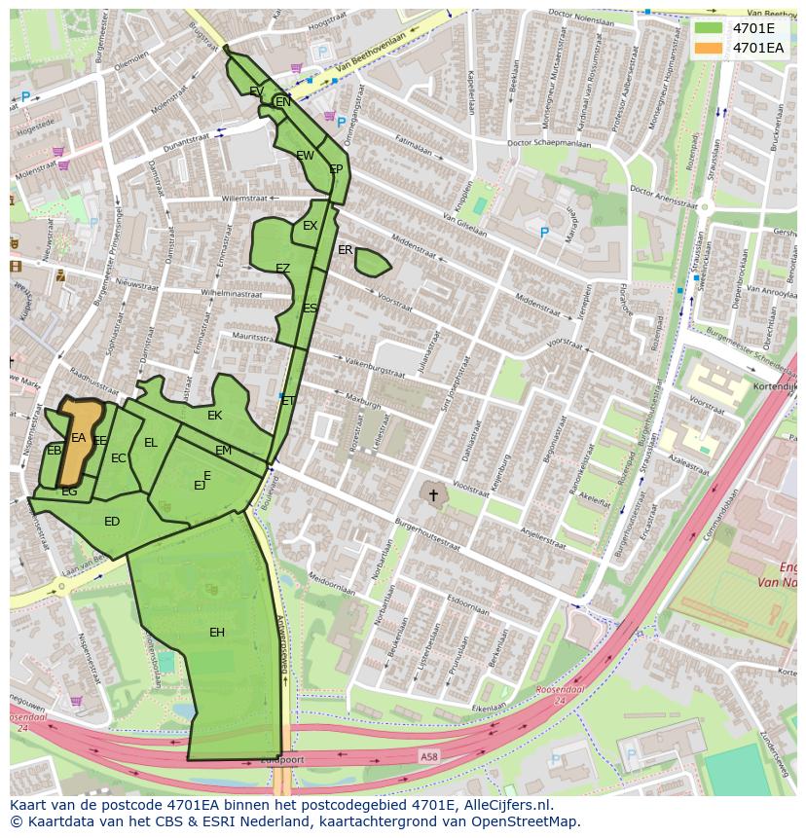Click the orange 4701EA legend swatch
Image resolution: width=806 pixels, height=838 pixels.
coord(709,47)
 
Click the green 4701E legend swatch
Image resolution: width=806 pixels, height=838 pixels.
coord(709,28)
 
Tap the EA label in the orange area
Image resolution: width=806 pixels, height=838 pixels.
coord(79,439)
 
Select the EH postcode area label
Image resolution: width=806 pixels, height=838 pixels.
coord(217,633)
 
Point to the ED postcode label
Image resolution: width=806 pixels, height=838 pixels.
coord(112,522)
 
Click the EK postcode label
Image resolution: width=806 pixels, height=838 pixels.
coord(215,416)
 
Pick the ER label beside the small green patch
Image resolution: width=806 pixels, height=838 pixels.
coord(345,250)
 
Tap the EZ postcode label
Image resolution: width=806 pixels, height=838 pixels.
coord(282,269)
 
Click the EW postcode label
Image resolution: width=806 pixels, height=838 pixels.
coord(305,156)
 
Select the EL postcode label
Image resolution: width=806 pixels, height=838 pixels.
coord(151,443)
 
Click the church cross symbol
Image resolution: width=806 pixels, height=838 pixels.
coord(433,495)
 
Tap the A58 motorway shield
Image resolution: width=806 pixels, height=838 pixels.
coord(429,755)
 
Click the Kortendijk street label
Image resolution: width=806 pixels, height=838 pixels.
coord(776,386)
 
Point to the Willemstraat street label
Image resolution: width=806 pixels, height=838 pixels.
coord(243,198)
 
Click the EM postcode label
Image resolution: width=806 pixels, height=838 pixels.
coord(223,451)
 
